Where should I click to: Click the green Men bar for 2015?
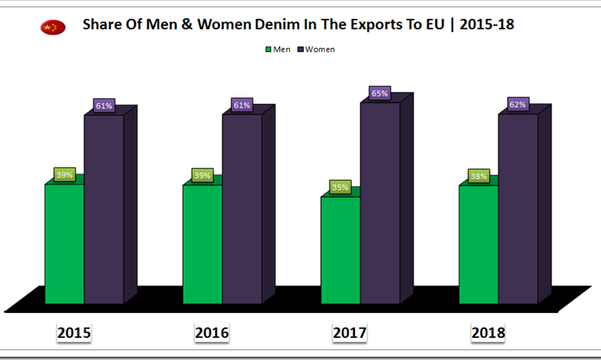65,244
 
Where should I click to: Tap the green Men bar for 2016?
203,244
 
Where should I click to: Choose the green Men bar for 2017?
341,249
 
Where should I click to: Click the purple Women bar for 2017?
380,202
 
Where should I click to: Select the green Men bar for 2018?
479,244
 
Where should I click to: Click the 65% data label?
379,93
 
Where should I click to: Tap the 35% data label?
340,188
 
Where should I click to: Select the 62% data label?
517,104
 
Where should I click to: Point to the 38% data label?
478,176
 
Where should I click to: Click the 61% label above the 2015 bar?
103,105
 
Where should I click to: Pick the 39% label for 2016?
202,176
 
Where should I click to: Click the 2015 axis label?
74,332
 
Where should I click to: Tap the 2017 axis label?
350,332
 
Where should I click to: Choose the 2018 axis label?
488,332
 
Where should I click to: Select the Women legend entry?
316,50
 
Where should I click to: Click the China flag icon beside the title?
52,28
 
